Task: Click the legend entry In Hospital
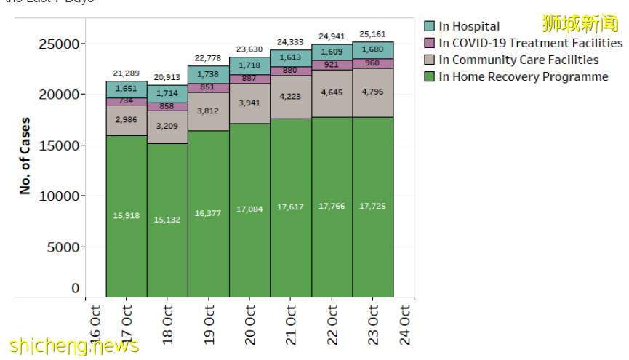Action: pyautogui.click(x=469, y=26)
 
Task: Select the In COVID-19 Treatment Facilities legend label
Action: pyautogui.click(x=530, y=43)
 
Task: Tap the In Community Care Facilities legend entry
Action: pyautogui.click(x=518, y=60)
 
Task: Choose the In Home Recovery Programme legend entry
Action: pyautogui.click(x=523, y=76)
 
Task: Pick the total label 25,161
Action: pyautogui.click(x=372, y=34)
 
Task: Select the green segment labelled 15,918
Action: pyautogui.click(x=127, y=215)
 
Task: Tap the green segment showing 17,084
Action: pyautogui.click(x=249, y=209)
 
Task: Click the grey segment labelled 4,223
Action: pyautogui.click(x=291, y=97)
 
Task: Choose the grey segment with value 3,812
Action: pyautogui.click(x=209, y=111)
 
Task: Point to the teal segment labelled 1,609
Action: pyautogui.click(x=332, y=52)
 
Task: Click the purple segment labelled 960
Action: pyautogui.click(x=372, y=63)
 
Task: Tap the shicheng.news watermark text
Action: pyautogui.click(x=73, y=345)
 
